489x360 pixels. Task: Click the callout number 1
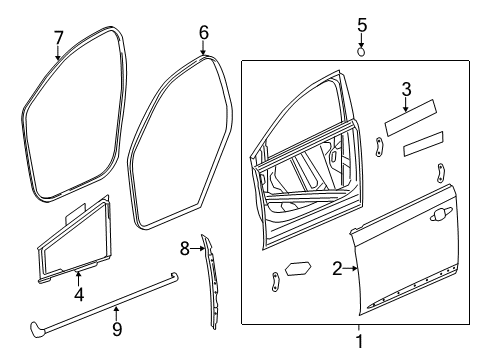coord(359,343)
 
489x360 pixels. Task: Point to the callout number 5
coord(362,24)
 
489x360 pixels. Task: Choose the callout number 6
coord(204,33)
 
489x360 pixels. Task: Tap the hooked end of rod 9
coord(41,326)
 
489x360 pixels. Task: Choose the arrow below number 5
coord(362,40)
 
